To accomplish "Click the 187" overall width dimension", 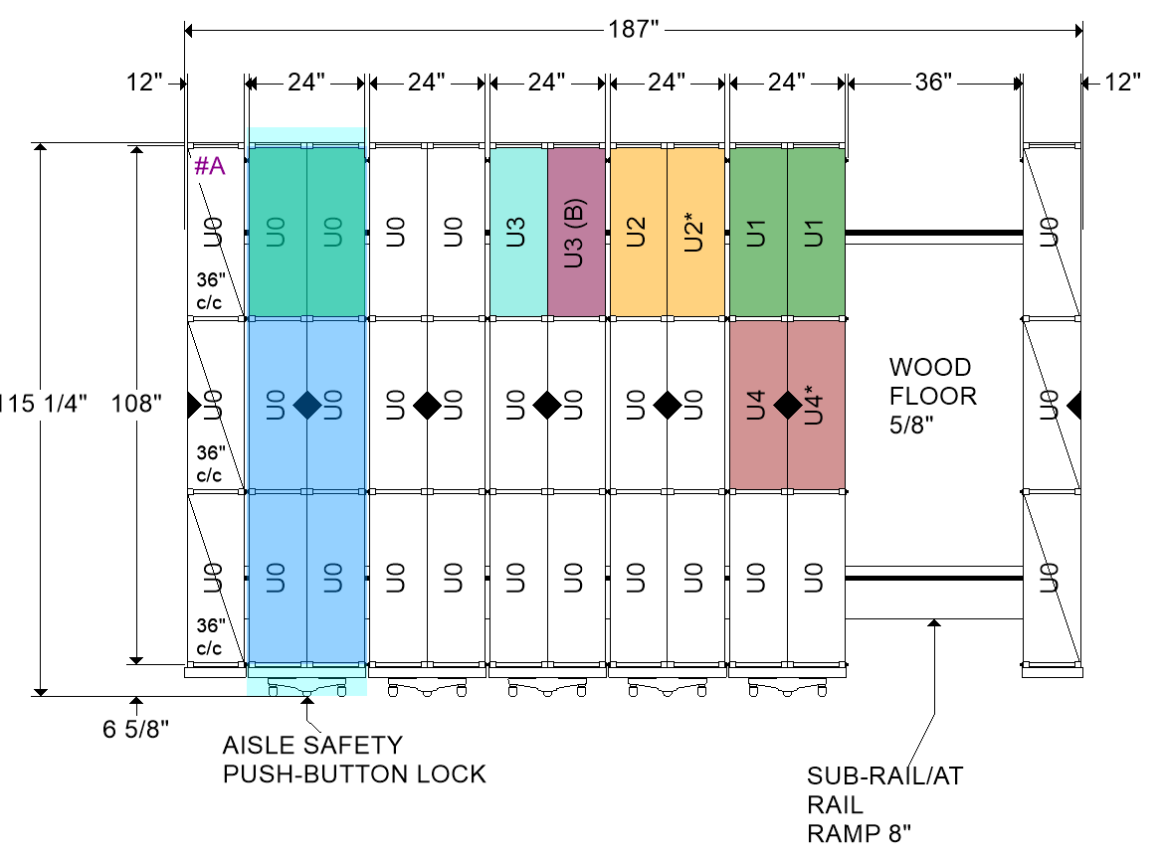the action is click(x=633, y=30).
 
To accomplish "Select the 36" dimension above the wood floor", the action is click(x=933, y=82).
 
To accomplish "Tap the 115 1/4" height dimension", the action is click(x=42, y=404).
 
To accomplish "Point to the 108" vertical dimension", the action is click(x=136, y=404).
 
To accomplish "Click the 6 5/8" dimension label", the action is click(x=136, y=730).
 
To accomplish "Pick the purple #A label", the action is click(x=210, y=166).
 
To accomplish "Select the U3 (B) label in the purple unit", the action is click(x=574, y=233).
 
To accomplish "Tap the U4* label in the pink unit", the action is click(x=815, y=405).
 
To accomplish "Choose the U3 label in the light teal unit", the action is click(x=515, y=233).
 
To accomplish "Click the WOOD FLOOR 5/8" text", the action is click(x=933, y=396).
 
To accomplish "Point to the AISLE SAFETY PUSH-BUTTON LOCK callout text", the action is click(x=354, y=760).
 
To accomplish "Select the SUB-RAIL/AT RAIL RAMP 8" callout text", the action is click(x=884, y=805).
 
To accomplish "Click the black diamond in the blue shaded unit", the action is click(x=306, y=405).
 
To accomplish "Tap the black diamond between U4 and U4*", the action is click(x=788, y=405).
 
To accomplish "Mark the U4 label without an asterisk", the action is click(x=756, y=405).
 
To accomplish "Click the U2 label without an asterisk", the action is click(x=636, y=233).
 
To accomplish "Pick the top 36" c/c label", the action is click(x=210, y=291).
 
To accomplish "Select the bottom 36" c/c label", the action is click(x=210, y=636).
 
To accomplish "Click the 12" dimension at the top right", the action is click(x=1122, y=82).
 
